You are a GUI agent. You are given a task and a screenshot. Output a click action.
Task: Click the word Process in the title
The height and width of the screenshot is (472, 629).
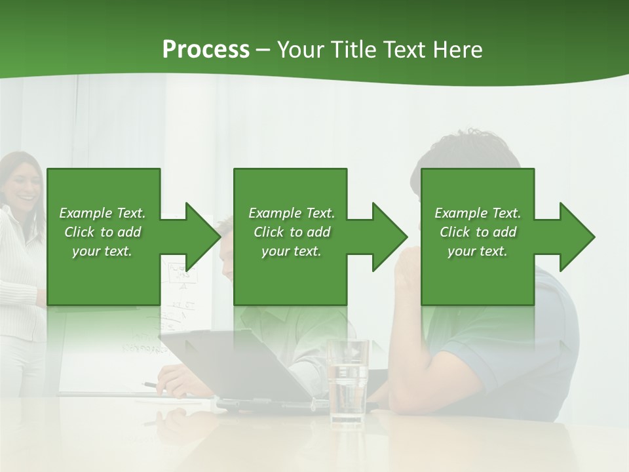(206, 50)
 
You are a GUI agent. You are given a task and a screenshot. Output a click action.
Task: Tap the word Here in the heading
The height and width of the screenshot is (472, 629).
(458, 50)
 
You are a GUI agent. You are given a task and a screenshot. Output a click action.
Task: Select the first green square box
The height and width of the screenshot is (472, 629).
(104, 275)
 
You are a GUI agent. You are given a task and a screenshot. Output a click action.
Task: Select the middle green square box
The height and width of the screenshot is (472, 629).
(290, 275)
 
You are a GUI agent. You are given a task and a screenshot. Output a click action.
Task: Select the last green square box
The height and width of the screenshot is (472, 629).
(477, 275)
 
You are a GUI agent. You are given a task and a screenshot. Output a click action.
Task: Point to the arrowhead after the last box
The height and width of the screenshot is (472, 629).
(576, 237)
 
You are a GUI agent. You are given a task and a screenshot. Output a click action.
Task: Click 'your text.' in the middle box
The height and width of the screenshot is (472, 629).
(291, 251)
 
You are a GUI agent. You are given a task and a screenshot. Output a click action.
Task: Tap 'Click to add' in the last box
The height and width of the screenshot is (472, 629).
(478, 232)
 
